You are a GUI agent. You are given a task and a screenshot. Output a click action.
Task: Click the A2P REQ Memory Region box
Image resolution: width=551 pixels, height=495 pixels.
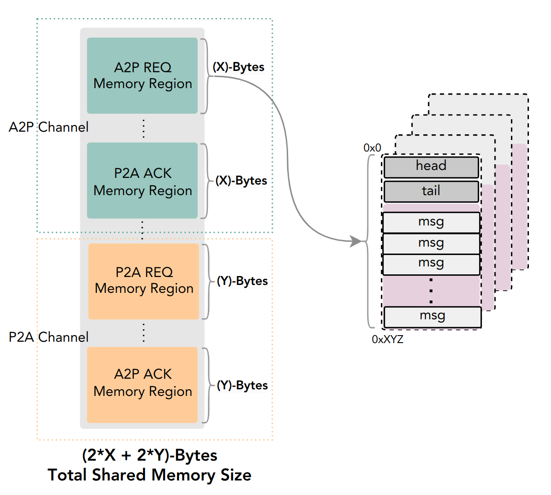(142, 75)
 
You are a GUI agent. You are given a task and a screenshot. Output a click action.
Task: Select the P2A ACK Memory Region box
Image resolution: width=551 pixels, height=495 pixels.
(142, 181)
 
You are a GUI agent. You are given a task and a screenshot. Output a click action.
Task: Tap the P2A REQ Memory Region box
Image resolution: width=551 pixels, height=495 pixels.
(144, 281)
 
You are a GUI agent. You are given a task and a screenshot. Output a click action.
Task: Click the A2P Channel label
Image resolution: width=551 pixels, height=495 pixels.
(48, 127)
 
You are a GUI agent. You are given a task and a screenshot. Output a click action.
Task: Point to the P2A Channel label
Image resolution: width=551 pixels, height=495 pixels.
(48, 337)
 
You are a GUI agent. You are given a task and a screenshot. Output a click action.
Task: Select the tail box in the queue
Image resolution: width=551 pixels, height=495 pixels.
(431, 192)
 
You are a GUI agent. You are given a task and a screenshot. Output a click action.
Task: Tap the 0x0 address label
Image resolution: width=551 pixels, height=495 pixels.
(372, 148)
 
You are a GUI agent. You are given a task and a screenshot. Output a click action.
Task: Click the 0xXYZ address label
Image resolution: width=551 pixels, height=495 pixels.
(388, 340)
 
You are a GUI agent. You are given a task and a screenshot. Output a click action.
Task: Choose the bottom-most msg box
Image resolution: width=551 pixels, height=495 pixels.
(432, 317)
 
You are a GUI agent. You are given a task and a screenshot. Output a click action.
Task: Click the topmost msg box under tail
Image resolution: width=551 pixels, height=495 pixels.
(431, 222)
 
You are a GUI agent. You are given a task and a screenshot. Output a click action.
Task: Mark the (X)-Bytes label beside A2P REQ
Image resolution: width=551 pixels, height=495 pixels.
(238, 67)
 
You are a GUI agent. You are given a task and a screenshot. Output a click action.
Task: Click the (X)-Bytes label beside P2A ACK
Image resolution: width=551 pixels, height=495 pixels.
(241, 181)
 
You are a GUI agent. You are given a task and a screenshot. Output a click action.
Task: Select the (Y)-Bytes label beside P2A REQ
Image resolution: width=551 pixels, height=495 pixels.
(242, 281)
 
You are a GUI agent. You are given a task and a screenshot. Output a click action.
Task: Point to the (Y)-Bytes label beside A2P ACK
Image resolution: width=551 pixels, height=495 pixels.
(242, 385)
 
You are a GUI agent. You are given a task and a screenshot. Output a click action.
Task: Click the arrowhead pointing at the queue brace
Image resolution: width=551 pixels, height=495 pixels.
(355, 241)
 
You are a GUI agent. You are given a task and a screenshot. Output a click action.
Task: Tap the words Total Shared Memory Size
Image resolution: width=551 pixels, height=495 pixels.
(149, 475)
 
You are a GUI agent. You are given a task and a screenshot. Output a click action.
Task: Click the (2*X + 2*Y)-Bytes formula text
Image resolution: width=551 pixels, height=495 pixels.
(149, 455)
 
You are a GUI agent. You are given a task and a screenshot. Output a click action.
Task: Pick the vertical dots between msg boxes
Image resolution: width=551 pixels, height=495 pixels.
(431, 291)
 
